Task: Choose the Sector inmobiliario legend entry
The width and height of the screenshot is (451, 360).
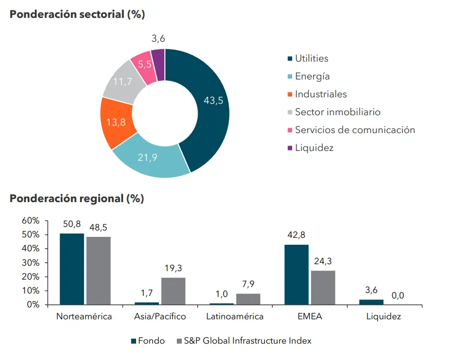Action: coord(337,112)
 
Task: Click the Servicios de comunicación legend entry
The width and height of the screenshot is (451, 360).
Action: coord(355,130)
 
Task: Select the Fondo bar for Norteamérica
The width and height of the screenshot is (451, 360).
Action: coord(72,269)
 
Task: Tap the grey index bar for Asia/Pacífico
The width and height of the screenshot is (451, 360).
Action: coord(173,291)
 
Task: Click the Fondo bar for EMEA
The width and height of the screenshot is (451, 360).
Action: coord(297,275)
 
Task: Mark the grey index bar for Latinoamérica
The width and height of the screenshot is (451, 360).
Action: coord(248,299)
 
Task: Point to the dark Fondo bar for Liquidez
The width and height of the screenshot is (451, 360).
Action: coord(372,302)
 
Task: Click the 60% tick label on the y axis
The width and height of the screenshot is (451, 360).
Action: coord(31,220)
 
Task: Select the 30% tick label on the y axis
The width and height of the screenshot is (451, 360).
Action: coord(31,263)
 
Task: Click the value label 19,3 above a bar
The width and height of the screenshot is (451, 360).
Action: coord(173,269)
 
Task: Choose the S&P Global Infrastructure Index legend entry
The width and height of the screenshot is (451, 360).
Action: coord(247,341)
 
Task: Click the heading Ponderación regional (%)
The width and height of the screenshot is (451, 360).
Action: coord(77,199)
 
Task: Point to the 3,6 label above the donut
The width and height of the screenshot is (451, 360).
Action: coord(158,39)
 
